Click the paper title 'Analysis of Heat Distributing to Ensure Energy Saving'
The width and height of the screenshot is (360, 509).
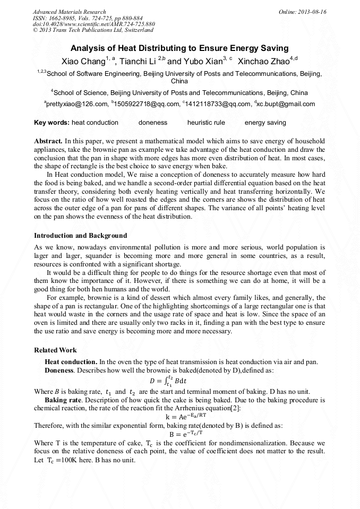click(179, 48)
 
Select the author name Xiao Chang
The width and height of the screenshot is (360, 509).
click(83, 61)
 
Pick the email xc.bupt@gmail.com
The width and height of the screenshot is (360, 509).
click(286, 104)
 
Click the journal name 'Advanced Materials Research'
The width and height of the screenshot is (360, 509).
click(69, 12)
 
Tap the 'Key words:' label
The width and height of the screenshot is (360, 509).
click(52, 123)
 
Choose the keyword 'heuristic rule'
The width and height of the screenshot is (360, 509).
click(206, 123)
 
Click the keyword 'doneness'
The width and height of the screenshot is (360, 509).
click(152, 123)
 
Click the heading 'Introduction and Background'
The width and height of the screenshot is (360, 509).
click(80, 235)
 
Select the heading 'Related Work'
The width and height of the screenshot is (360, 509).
click(55, 350)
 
